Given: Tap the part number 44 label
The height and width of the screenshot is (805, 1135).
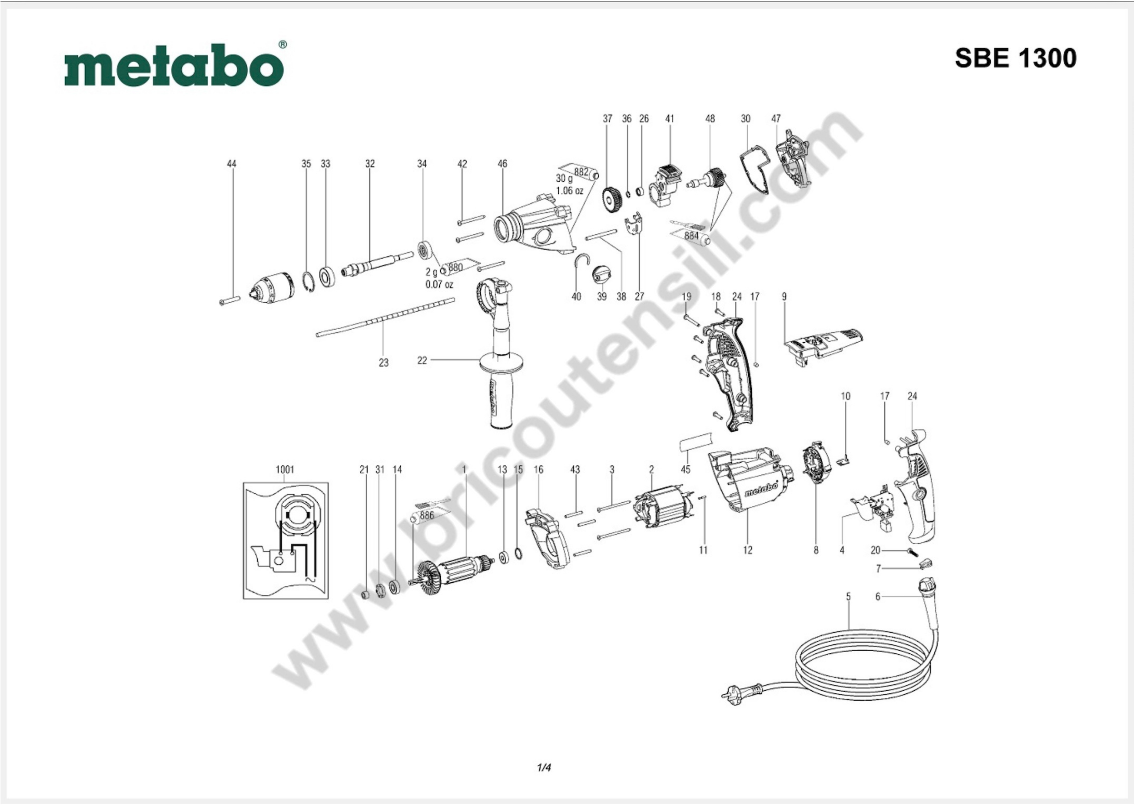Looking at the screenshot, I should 232,164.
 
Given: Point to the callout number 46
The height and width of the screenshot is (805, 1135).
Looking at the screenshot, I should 502,164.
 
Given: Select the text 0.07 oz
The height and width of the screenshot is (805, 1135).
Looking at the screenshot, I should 439,285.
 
